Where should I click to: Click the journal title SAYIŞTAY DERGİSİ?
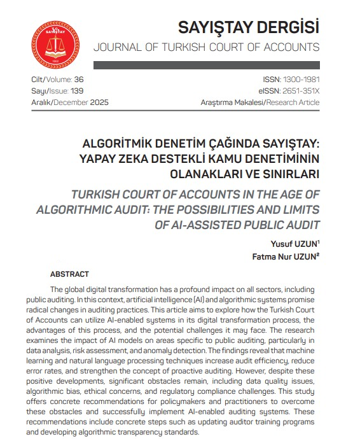248,28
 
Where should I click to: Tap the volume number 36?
78,80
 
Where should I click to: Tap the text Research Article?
293,102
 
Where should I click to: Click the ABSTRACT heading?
69,274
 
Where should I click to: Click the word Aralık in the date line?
41,102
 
